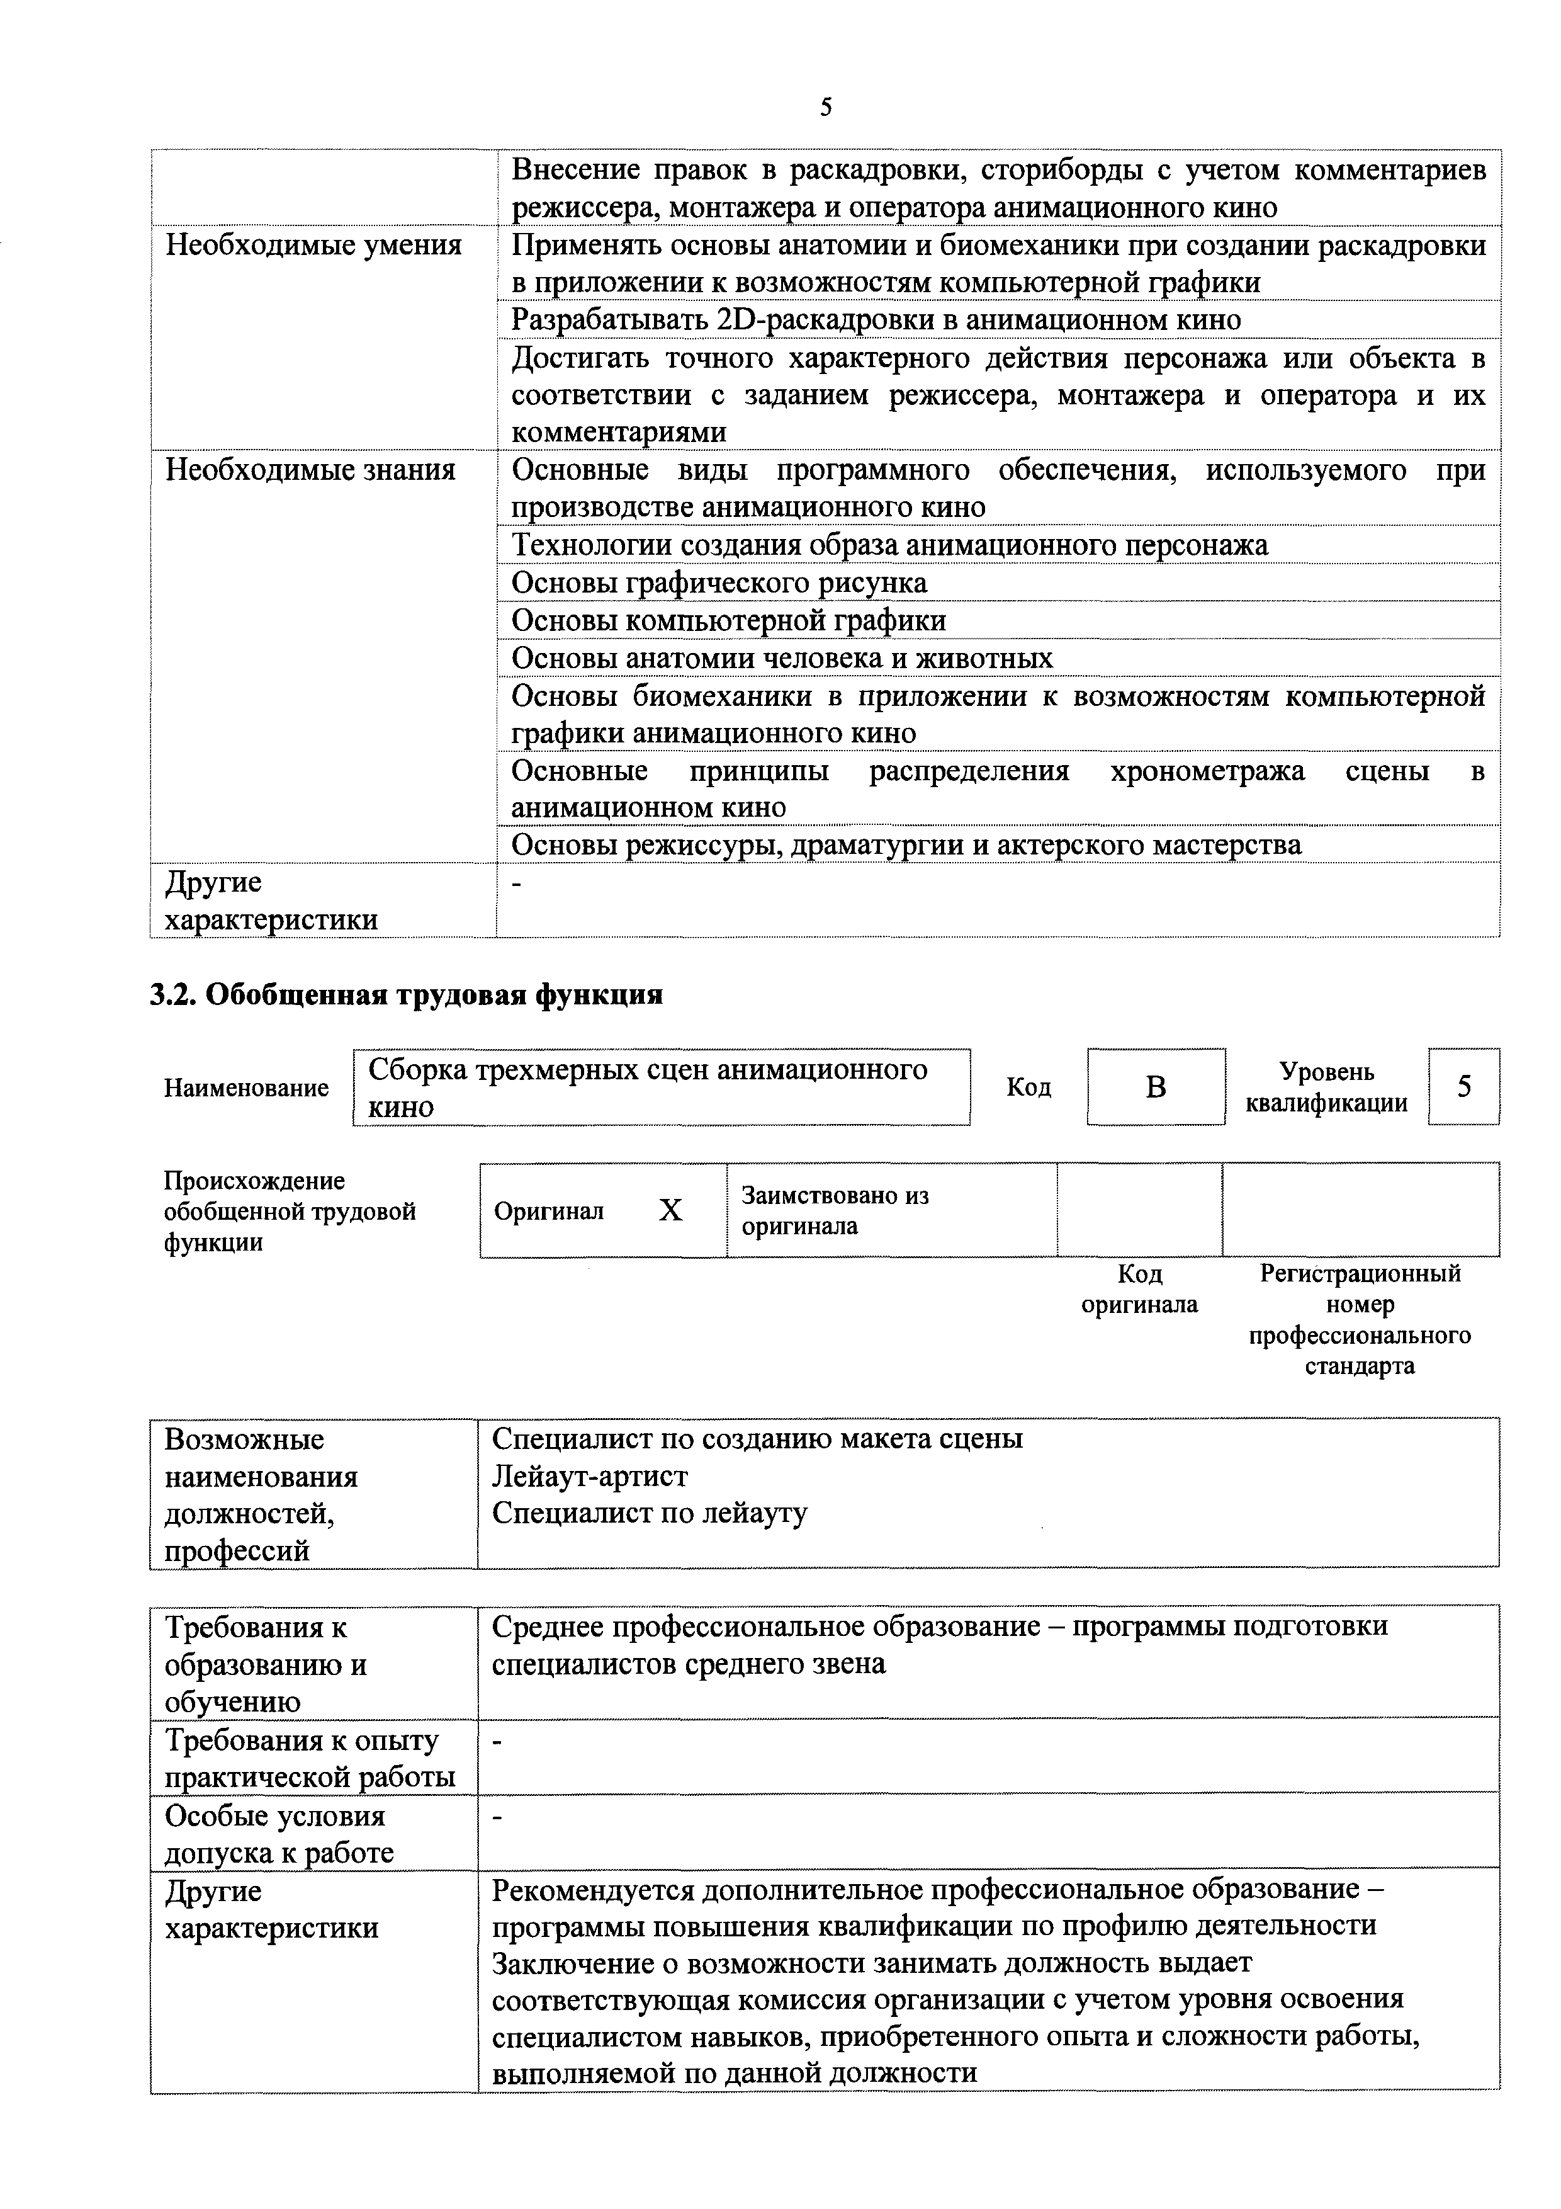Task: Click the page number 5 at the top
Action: pyautogui.click(x=825, y=108)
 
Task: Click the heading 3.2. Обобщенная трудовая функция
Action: pyautogui.click(x=406, y=994)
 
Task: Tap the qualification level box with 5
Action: pyautogui.click(x=1463, y=1086)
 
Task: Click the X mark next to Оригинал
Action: pyautogui.click(x=670, y=1210)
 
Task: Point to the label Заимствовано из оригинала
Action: pyautogui.click(x=834, y=1210)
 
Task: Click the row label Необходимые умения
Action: pyautogui.click(x=313, y=246)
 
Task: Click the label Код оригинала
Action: pyautogui.click(x=1140, y=1289)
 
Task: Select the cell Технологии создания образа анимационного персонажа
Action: pyautogui.click(x=889, y=545)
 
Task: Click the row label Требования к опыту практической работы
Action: pyautogui.click(x=310, y=1759)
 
